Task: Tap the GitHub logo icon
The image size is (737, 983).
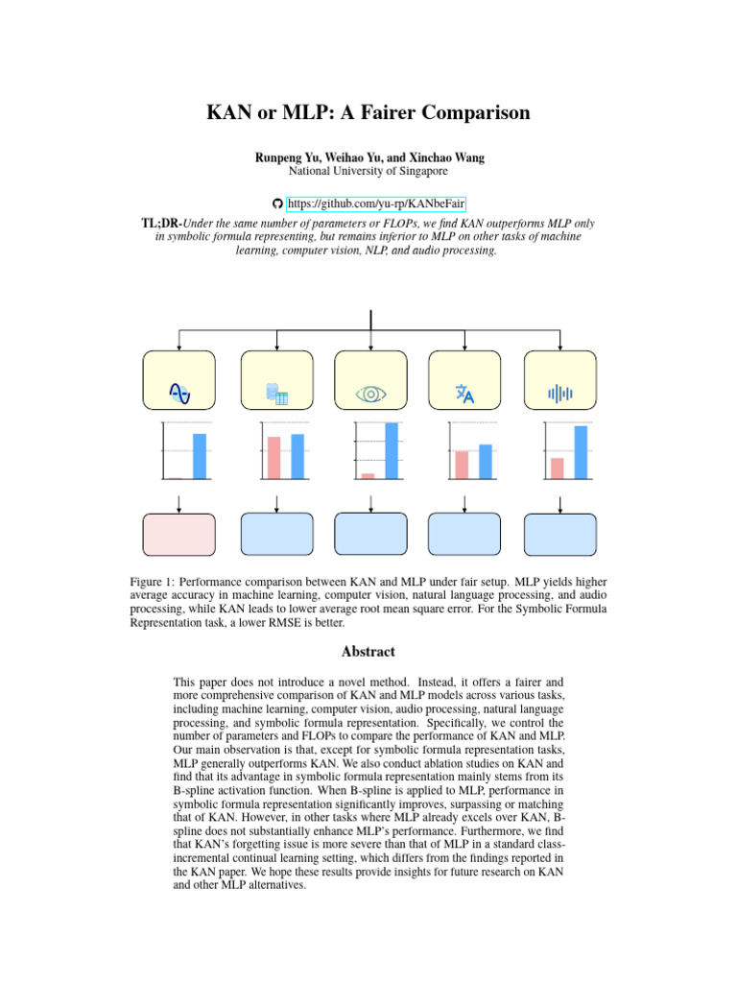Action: click(277, 204)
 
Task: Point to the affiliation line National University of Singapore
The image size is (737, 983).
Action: click(368, 171)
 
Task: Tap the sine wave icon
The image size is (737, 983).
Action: click(179, 392)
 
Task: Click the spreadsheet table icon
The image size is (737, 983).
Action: click(276, 393)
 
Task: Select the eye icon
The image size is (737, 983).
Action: click(369, 394)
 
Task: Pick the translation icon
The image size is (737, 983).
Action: click(464, 393)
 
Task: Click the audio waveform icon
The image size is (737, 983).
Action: click(559, 393)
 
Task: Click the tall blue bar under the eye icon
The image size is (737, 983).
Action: click(391, 450)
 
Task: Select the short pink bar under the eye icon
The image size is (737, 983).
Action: click(368, 475)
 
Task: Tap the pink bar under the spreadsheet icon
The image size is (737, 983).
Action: click(273, 457)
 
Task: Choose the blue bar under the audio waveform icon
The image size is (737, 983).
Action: click(581, 451)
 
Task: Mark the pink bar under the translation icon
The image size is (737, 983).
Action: click(462, 464)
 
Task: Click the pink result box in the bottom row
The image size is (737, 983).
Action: click(179, 536)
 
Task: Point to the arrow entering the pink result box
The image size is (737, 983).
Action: click(179, 504)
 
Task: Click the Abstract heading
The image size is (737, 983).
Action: click(368, 651)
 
